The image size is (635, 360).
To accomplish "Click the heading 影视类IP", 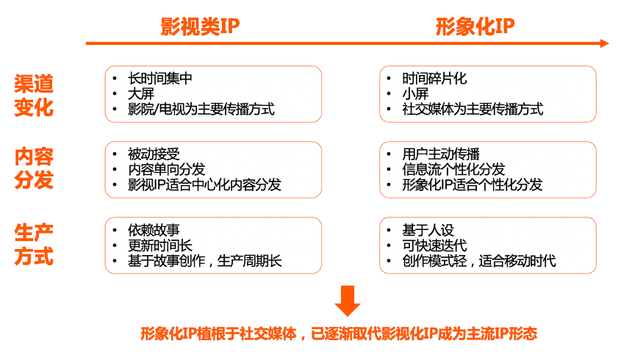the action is click(x=200, y=26).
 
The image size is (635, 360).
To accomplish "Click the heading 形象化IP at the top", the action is click(x=475, y=26).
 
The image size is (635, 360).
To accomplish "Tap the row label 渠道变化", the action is click(x=34, y=95).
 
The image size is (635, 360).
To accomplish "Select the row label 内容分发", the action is click(x=34, y=169).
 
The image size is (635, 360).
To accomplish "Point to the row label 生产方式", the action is click(x=34, y=244).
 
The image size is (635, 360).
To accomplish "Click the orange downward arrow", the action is click(x=348, y=299).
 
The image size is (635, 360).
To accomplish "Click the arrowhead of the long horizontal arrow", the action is click(x=603, y=43).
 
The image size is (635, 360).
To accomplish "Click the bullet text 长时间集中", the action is click(x=159, y=79).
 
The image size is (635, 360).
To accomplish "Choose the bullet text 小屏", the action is click(x=415, y=94).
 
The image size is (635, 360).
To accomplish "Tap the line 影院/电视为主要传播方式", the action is click(x=201, y=109).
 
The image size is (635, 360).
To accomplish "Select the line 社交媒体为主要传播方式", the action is click(x=473, y=109).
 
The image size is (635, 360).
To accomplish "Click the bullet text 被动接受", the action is click(x=154, y=154).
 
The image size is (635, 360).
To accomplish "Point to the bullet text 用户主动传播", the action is click(x=441, y=154).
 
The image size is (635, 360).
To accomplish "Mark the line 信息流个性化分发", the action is click(x=453, y=170).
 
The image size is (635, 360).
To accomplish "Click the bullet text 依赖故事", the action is click(x=154, y=230).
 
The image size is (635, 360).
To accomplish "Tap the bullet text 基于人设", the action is click(x=428, y=230).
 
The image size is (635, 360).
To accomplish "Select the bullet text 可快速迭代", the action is click(x=434, y=245).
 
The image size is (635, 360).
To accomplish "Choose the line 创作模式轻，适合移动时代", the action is click(x=479, y=261).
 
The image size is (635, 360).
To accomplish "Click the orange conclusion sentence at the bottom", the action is click(x=339, y=334).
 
